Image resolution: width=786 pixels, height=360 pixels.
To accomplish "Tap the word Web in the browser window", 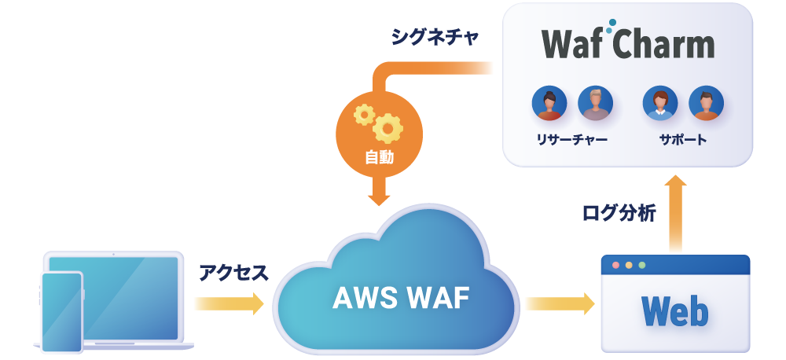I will pyautogui.click(x=674, y=310).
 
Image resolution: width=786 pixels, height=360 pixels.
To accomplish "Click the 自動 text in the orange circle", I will pyautogui.click(x=380, y=158).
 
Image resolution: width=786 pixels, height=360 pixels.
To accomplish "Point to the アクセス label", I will pyautogui.click(x=233, y=272).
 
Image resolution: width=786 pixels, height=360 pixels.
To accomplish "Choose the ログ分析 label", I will pyautogui.click(x=619, y=213).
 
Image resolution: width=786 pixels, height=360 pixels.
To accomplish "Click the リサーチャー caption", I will pyautogui.click(x=572, y=141).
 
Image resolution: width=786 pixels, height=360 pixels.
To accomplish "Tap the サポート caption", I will pyautogui.click(x=683, y=141).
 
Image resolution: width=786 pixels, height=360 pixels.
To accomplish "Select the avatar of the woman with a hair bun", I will pyautogui.click(x=549, y=103).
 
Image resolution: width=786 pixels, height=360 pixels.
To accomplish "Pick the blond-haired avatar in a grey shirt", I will pyautogui.click(x=595, y=103).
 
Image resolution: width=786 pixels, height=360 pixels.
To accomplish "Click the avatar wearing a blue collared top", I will pyautogui.click(x=660, y=103).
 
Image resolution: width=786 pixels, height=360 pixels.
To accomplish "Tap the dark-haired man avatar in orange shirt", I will pyautogui.click(x=706, y=103).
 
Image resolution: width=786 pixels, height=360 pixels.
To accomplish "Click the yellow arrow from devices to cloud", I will pyautogui.click(x=229, y=303).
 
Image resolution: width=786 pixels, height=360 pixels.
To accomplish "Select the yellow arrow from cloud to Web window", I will pyautogui.click(x=560, y=303).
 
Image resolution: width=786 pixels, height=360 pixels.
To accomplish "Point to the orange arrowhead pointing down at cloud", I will pyautogui.click(x=380, y=196).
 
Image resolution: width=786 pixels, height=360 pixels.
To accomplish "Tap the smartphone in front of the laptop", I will pyautogui.click(x=62, y=312).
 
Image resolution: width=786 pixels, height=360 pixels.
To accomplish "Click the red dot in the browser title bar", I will pyautogui.click(x=615, y=266).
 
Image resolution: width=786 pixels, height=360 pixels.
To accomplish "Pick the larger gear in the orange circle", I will pyautogui.click(x=388, y=127).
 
